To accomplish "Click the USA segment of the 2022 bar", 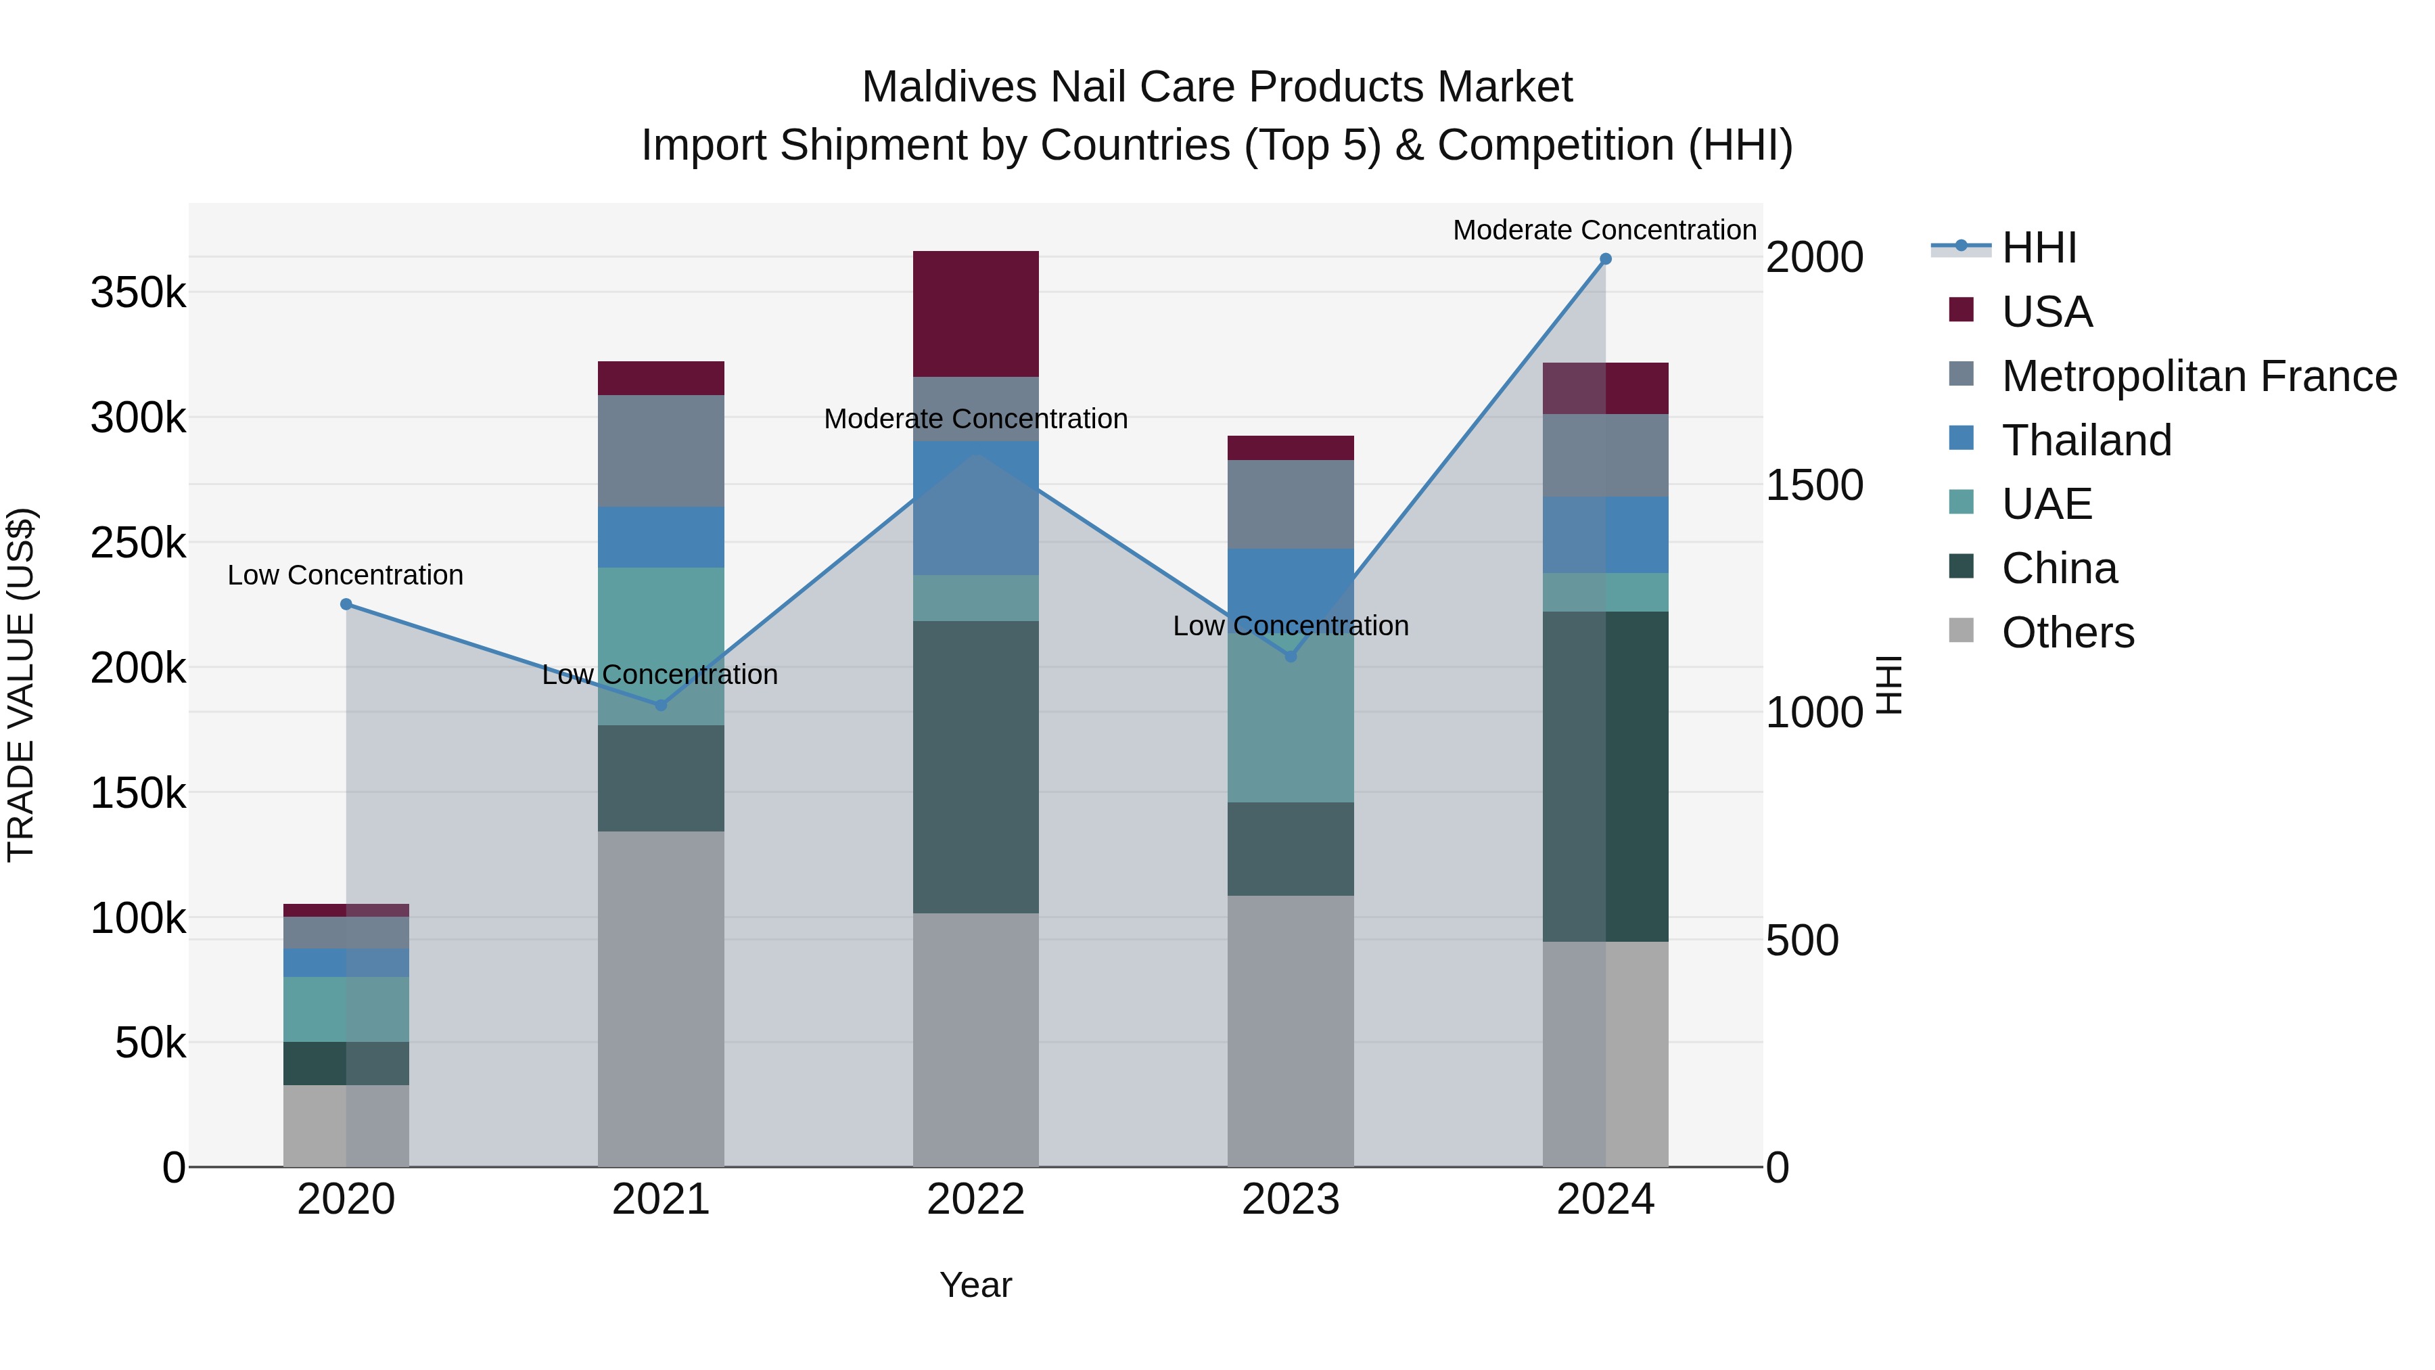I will click(975, 314).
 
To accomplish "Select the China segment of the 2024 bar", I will click(1605, 775).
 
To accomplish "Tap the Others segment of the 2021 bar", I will click(661, 997).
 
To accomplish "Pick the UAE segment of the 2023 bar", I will click(1291, 728).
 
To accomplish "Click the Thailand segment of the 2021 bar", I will click(661, 537).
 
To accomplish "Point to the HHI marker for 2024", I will click(1605, 259).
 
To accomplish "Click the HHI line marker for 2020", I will click(346, 604).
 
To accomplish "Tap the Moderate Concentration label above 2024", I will click(1604, 230).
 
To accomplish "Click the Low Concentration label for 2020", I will click(345, 575).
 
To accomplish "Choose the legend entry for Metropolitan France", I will click(2199, 376).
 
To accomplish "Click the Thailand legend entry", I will click(2086, 440).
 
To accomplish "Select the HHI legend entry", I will click(2039, 248).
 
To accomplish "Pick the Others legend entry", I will click(2067, 633).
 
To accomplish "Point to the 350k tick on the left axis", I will click(138, 293).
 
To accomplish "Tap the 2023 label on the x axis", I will click(1291, 1200).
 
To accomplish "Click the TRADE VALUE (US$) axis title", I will click(21, 685).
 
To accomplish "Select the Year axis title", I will click(975, 1285).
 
